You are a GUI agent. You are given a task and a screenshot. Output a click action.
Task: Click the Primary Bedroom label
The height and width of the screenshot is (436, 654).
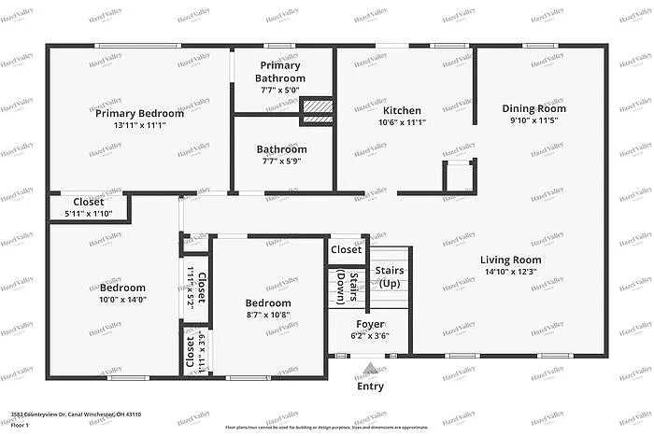140,113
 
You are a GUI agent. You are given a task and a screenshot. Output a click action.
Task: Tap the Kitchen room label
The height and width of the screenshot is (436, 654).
402,110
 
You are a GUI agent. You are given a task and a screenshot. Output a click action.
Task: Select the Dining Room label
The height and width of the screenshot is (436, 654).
533,108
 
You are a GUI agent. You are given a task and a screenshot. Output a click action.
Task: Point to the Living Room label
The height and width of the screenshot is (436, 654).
511,260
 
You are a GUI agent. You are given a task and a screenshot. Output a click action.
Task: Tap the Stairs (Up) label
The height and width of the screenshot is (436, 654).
390,276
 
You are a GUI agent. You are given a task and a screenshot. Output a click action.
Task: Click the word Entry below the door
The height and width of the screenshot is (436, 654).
370,386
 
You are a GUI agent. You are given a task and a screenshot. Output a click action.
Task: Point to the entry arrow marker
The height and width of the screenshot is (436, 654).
370,369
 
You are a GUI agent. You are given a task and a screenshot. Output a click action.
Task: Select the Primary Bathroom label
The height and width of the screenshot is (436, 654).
280,72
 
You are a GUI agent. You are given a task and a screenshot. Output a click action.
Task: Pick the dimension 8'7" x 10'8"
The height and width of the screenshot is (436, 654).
268,316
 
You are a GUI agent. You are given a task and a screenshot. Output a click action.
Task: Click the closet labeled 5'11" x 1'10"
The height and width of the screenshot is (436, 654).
89,214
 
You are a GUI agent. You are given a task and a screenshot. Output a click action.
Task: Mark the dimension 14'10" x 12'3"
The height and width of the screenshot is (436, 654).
511,272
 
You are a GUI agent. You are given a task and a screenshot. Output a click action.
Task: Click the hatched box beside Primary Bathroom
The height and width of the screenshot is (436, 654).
316,112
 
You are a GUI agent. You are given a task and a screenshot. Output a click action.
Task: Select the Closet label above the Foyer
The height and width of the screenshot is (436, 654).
346,249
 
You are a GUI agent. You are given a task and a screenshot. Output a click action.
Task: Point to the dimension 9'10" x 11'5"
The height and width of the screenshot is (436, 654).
533,120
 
